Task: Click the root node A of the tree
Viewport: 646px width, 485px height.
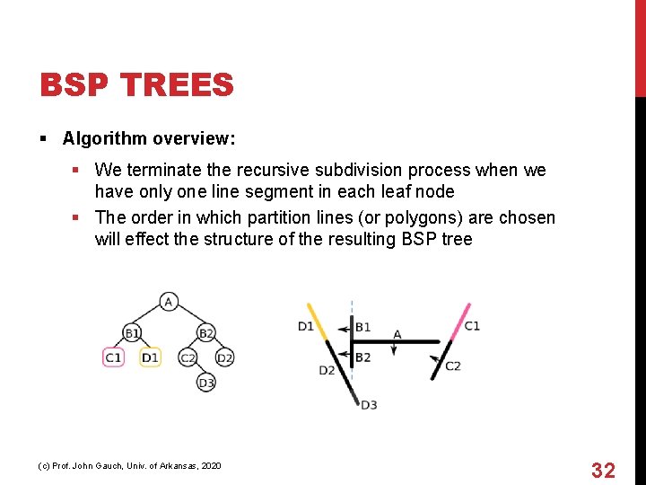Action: pyautogui.click(x=169, y=301)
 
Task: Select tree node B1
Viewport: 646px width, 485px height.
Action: pyautogui.click(x=132, y=333)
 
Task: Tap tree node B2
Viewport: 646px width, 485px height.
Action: pyautogui.click(x=205, y=333)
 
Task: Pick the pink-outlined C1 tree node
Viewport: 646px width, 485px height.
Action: pyautogui.click(x=113, y=357)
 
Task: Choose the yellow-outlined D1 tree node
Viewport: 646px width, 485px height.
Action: pyautogui.click(x=150, y=357)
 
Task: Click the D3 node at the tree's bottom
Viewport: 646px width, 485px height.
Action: pyautogui.click(x=206, y=383)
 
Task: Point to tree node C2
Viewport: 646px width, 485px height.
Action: pyautogui.click(x=188, y=357)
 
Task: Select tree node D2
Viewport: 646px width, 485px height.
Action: pyautogui.click(x=224, y=357)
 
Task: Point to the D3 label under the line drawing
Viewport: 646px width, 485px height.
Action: pyautogui.click(x=369, y=405)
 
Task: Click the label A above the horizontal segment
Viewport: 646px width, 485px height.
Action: pyautogui.click(x=397, y=334)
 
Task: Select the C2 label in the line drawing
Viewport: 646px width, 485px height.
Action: pyautogui.click(x=452, y=366)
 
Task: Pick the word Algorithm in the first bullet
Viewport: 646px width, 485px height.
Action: pyautogui.click(x=104, y=138)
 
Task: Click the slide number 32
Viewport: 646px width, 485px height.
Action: pyautogui.click(x=602, y=470)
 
